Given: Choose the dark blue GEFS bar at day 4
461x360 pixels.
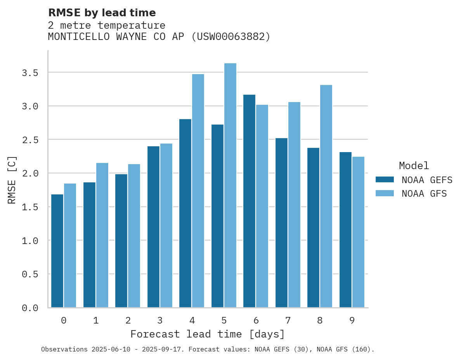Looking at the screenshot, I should point(185,213).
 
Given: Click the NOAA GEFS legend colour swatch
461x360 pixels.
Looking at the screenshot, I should point(385,180).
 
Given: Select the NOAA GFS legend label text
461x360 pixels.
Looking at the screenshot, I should point(424,193).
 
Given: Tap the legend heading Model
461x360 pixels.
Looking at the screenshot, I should point(414,166).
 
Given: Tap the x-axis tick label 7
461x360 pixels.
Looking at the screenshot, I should point(288,320).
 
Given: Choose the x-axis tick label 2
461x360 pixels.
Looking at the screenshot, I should point(128,320).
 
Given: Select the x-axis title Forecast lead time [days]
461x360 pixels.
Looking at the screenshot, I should point(208,334).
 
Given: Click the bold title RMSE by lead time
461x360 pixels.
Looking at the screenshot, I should point(102,13).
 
